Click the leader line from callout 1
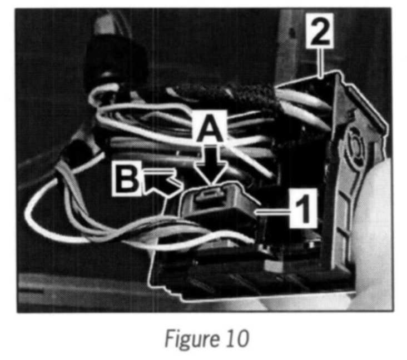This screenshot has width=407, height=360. coord(272,213)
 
